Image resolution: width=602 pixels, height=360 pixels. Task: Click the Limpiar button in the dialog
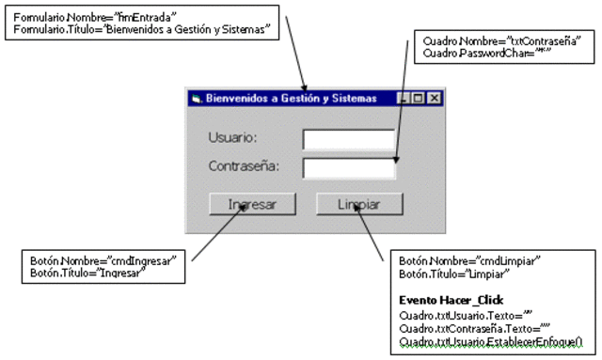[x=358, y=203]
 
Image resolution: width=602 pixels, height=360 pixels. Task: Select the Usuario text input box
[x=348, y=139]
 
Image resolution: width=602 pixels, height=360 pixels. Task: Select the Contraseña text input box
[x=348, y=168]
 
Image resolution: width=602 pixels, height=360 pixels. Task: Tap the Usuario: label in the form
[x=233, y=137]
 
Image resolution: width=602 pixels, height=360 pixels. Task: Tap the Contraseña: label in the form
[x=244, y=167]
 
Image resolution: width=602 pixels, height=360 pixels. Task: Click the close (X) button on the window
[x=435, y=98]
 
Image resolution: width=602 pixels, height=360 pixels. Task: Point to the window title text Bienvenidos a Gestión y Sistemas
[x=291, y=98]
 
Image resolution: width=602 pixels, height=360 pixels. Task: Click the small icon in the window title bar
[x=196, y=98]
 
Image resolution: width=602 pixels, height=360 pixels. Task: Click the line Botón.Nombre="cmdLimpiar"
[x=469, y=260]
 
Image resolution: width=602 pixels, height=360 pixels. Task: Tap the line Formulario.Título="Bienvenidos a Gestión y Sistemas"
[x=142, y=29]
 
